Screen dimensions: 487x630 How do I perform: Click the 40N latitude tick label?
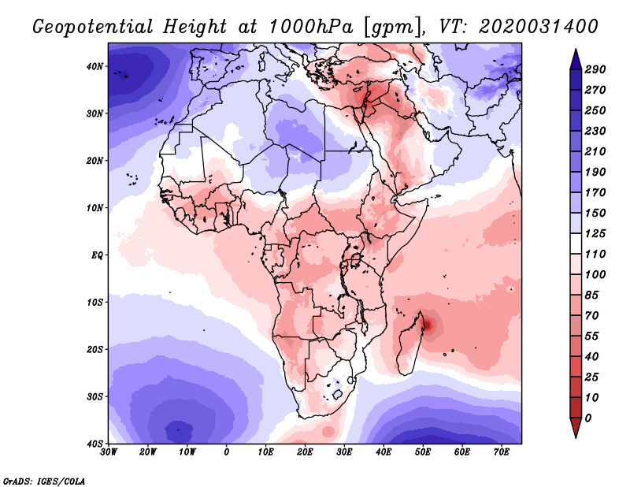(x=95, y=66)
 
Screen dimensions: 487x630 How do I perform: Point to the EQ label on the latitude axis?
(x=97, y=255)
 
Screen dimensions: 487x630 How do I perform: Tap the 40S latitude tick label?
(x=95, y=444)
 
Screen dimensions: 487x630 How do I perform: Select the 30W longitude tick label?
(x=109, y=452)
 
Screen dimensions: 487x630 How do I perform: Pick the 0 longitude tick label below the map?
(x=227, y=452)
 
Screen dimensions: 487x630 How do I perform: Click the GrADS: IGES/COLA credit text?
(x=44, y=480)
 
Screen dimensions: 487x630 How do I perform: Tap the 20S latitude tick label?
(x=95, y=349)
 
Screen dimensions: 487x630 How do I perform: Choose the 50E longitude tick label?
(x=423, y=452)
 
